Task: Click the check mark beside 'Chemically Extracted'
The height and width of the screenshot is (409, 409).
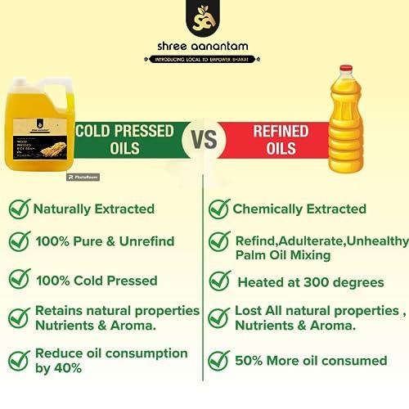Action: pyautogui.click(x=218, y=209)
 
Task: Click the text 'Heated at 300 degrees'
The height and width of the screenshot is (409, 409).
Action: pyautogui.click(x=310, y=282)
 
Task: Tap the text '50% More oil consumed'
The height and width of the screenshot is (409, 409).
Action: pyautogui.click(x=311, y=360)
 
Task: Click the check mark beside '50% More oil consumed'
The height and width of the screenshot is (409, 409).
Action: pyautogui.click(x=218, y=360)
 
